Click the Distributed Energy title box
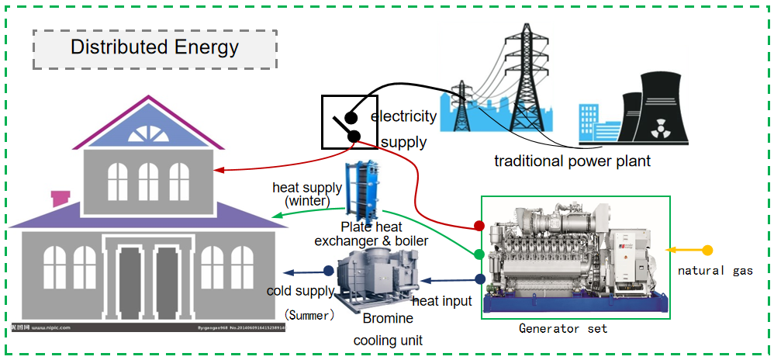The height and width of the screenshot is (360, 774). pos(154,47)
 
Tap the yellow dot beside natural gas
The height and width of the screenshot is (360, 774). pos(707,251)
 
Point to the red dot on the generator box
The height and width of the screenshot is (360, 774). pos(479,226)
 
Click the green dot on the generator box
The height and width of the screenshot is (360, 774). pos(479,254)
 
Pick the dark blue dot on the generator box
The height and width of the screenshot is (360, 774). pos(480,279)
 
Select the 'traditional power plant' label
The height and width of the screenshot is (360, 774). pos(572,161)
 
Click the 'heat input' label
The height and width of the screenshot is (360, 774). pos(441,300)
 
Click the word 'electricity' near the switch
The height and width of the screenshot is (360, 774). pos(403,117)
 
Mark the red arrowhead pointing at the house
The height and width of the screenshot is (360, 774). pos(218,170)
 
